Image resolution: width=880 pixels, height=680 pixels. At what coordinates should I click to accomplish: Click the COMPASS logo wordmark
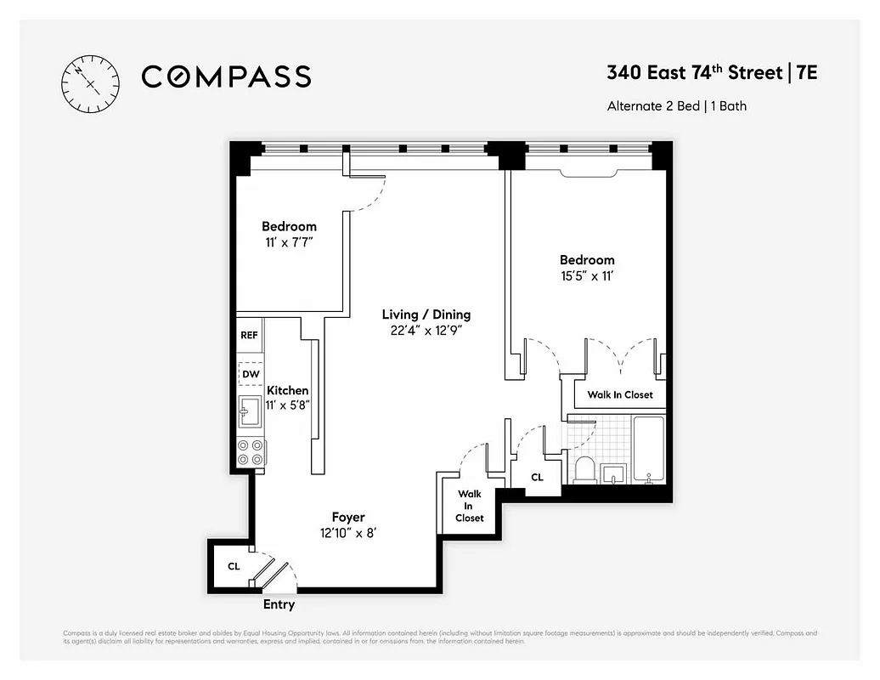pos(226,77)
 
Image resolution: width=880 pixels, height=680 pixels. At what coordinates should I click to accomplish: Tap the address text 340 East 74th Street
pos(694,73)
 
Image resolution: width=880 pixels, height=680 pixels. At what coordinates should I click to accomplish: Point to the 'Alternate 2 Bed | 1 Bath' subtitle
pos(677,107)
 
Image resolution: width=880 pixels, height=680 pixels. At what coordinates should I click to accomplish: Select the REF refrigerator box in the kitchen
pos(249,335)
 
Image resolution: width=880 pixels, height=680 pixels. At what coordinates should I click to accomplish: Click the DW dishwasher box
pos(251,374)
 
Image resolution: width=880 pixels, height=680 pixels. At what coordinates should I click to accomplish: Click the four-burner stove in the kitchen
pos(251,452)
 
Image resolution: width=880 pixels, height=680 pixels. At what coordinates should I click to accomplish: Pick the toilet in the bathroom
pos(585,468)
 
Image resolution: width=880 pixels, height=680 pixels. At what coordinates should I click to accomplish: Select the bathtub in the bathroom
pos(649,450)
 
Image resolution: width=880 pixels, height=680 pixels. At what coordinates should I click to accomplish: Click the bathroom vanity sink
pos(613,473)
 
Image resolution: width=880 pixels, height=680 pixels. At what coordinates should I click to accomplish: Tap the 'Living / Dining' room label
pos(426,314)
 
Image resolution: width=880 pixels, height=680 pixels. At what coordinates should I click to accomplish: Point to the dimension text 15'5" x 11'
pos(586,276)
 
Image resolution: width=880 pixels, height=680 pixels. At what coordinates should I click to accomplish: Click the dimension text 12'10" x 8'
pos(348,533)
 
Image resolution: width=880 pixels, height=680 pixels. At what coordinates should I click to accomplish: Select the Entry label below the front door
pos(279,605)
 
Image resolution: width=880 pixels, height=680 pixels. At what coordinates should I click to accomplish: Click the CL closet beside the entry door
pos(233,565)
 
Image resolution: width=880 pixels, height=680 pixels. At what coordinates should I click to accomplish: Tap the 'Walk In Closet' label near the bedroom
pos(620,395)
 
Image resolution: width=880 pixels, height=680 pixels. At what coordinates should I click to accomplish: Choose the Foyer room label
pos(348,518)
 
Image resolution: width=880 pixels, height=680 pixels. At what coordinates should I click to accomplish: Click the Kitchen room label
pos(288,390)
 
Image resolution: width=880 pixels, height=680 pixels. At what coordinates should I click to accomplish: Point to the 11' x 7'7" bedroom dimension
pos(289,242)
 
